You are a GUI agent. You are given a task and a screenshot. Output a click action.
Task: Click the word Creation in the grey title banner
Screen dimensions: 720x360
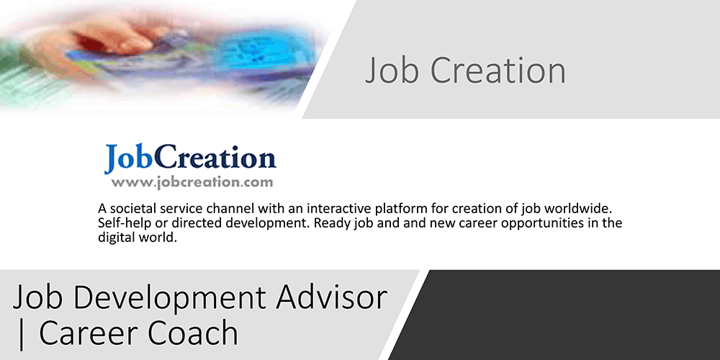coord(498,71)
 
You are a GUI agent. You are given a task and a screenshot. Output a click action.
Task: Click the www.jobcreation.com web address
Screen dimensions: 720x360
coord(192,182)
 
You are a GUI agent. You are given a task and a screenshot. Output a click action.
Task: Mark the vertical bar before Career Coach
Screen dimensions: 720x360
coord(20,334)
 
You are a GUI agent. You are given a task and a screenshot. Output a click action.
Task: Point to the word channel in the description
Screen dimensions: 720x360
coord(230,209)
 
